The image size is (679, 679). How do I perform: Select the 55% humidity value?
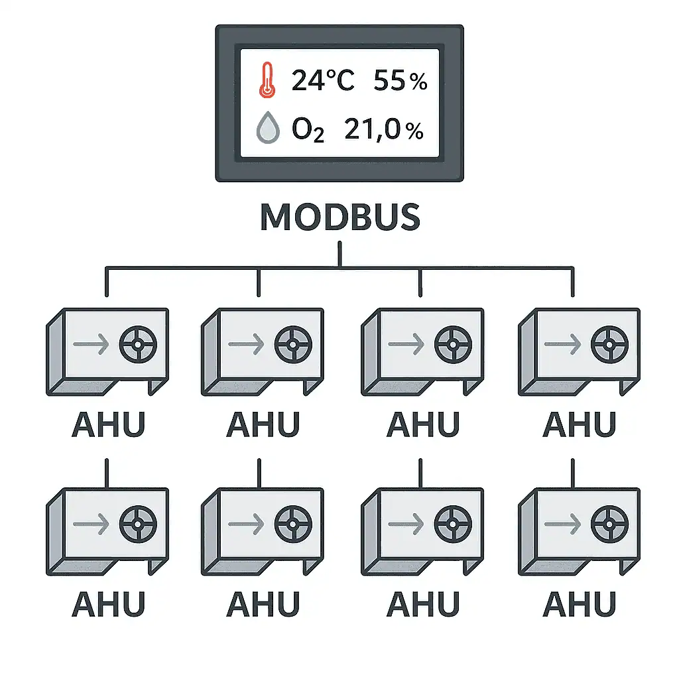[x=401, y=81]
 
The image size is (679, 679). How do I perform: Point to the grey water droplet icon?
[x=267, y=129]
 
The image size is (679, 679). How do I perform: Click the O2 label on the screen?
[x=308, y=130]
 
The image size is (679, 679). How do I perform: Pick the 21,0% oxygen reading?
[x=384, y=130]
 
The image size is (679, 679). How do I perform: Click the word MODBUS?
[x=340, y=217]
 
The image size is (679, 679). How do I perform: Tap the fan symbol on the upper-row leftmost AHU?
[x=138, y=345]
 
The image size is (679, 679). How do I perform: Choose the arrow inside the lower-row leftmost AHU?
[x=91, y=524]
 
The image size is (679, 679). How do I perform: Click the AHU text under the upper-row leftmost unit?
[x=107, y=424]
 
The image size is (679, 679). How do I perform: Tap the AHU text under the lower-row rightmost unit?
[x=579, y=603]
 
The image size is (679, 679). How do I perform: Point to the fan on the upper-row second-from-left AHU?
[x=294, y=345]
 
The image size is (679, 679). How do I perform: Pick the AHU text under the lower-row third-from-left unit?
[x=422, y=603]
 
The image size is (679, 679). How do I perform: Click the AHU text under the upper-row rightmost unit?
[x=579, y=424]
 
